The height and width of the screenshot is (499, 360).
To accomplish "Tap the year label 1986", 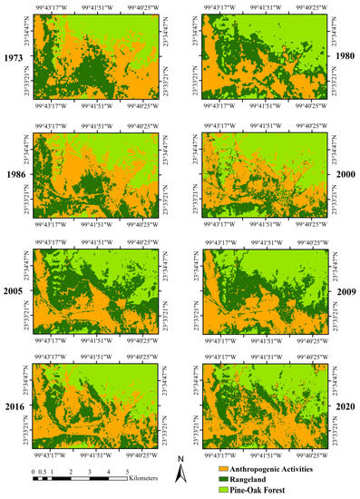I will pos(14,171).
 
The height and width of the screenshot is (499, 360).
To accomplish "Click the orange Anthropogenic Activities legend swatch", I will pos(212,465).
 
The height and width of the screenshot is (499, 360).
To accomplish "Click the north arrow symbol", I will pos(180,474).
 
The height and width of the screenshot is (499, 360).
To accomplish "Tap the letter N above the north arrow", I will pos(180,459).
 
